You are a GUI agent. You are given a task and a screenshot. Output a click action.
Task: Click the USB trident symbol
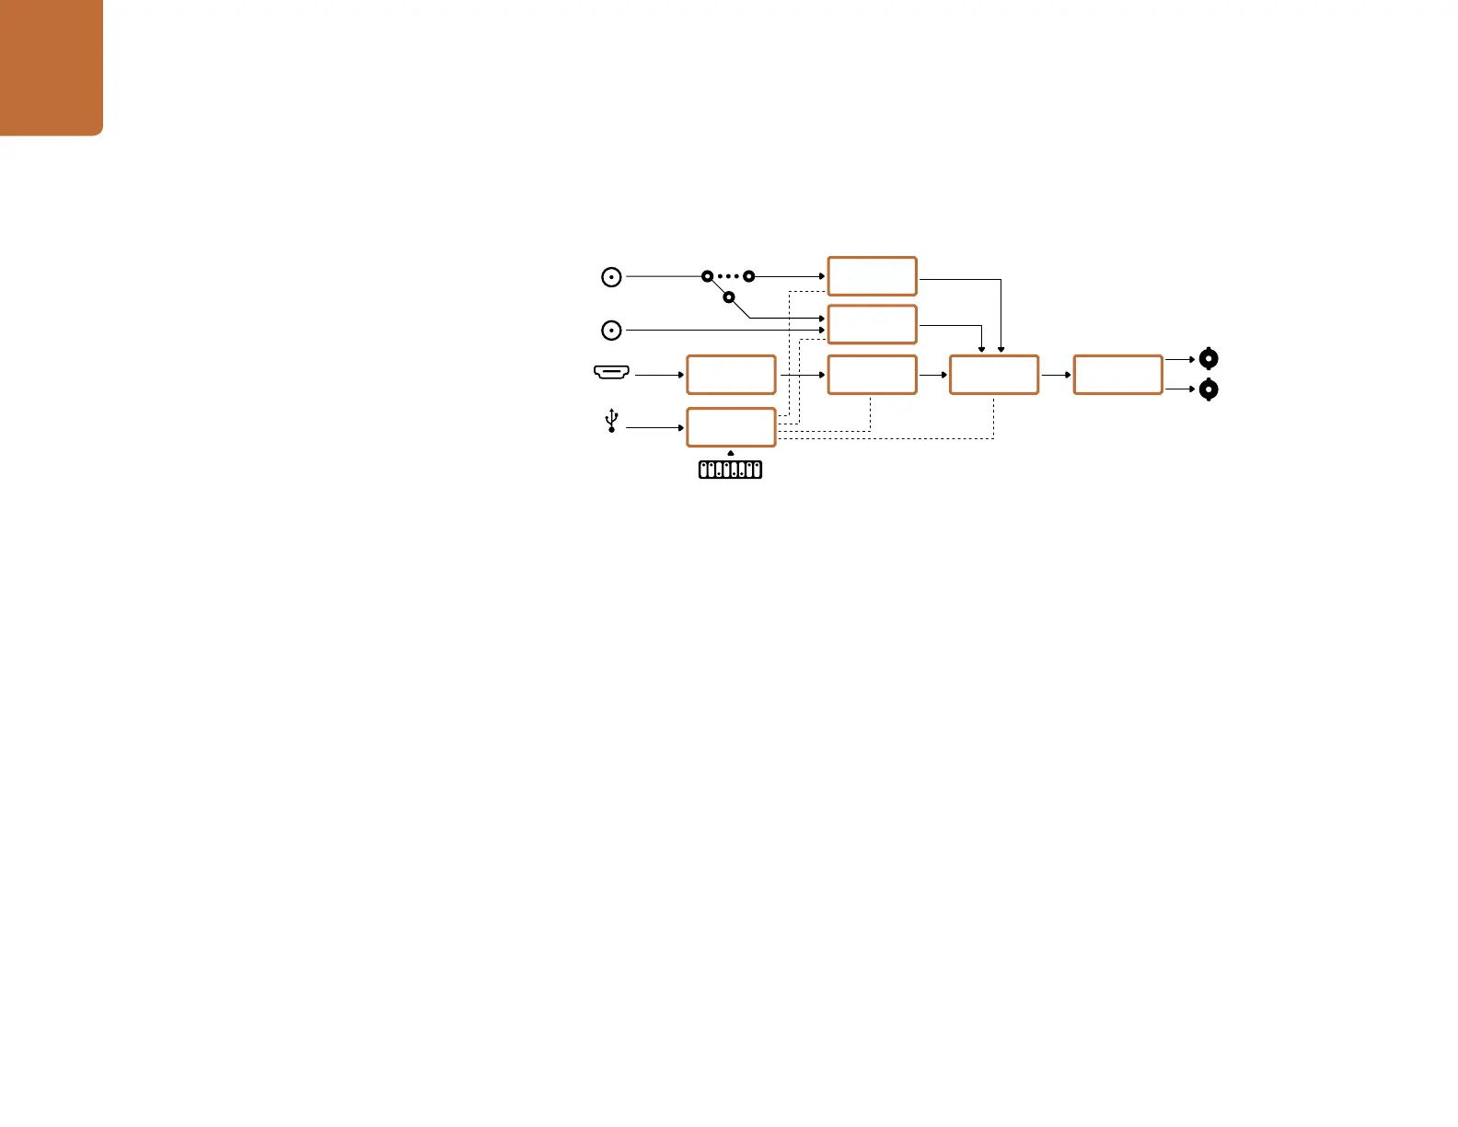tap(611, 422)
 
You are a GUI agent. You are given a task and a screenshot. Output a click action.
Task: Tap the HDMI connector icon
tap(611, 372)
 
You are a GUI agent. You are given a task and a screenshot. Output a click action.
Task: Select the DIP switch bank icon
tap(730, 470)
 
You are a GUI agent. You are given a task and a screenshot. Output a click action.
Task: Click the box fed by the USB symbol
tap(731, 427)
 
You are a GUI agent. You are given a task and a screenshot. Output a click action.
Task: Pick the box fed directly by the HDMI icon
tap(731, 375)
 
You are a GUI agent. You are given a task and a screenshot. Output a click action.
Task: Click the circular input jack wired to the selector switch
tap(611, 276)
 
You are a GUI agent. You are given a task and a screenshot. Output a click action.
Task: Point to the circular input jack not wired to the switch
tap(611, 330)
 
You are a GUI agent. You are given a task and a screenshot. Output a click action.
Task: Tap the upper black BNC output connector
tap(1209, 359)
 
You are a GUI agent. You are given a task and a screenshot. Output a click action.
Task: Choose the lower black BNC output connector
tap(1209, 389)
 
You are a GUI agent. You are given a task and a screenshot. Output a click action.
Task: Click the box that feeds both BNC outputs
tap(1117, 375)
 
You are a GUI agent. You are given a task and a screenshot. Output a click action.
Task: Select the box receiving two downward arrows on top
tap(993, 375)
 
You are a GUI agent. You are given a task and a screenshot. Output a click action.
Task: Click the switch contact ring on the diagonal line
tap(728, 297)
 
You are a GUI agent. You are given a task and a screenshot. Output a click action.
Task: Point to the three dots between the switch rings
tap(728, 276)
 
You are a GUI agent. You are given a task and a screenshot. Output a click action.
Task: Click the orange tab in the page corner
tap(51, 66)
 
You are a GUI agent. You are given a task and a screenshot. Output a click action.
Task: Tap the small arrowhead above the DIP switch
tap(731, 453)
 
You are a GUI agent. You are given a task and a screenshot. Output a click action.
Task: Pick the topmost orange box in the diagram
tap(872, 276)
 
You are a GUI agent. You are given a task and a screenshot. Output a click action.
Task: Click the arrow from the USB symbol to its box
tap(654, 427)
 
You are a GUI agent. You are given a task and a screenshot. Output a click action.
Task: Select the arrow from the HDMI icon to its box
tap(659, 375)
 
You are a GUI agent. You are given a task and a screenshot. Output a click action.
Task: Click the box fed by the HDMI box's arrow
tap(872, 375)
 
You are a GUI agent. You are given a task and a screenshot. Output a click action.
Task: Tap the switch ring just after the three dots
tap(749, 276)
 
